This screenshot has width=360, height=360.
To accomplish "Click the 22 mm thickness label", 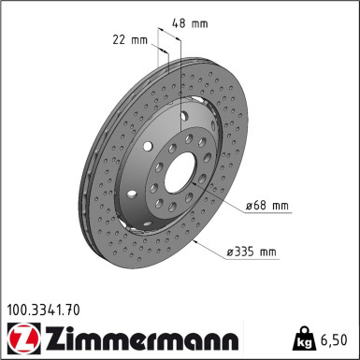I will click(129, 40).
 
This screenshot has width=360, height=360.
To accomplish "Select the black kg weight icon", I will click(303, 338).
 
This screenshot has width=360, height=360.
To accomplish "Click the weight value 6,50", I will click(335, 338).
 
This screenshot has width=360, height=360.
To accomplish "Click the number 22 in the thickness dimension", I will click(119, 40).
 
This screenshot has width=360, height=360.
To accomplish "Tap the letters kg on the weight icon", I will click(303, 341).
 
